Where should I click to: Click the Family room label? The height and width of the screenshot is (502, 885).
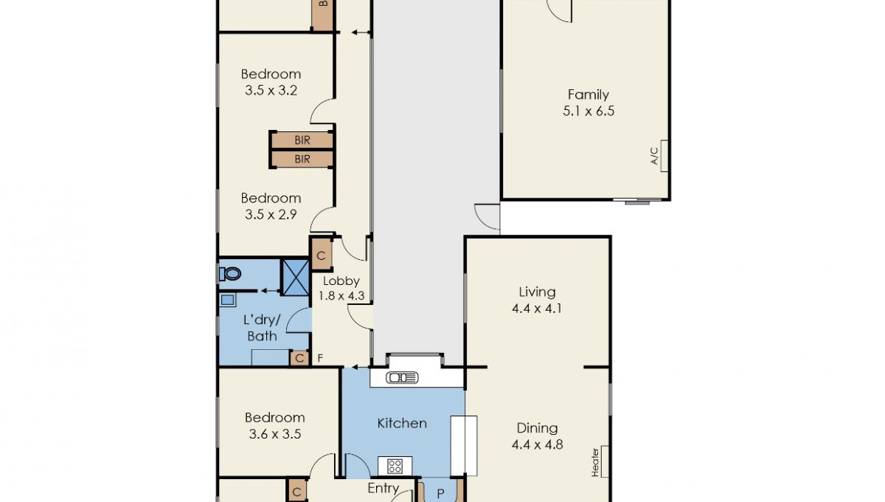[x=589, y=94]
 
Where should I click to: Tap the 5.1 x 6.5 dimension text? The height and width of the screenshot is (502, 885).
[x=589, y=111]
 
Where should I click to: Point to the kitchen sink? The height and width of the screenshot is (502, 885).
[x=402, y=378]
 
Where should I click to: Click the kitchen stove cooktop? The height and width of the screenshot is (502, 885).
[x=395, y=466]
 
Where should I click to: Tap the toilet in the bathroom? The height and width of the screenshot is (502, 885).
[x=230, y=273]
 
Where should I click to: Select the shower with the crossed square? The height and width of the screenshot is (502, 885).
[x=295, y=278]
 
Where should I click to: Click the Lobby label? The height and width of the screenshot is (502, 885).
[x=341, y=281]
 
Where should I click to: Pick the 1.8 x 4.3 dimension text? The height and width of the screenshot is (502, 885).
[x=341, y=296]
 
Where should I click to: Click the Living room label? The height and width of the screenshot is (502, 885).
[x=537, y=292]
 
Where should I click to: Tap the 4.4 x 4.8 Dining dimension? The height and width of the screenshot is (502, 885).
[x=537, y=444]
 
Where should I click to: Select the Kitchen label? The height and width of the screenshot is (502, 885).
[x=402, y=423]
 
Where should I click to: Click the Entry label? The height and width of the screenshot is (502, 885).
[x=383, y=488]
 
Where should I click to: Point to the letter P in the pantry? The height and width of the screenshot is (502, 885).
[x=440, y=494]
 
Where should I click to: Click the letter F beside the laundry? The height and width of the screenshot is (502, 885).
[x=320, y=358]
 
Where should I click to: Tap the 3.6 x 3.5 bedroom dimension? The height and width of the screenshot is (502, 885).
[x=275, y=434]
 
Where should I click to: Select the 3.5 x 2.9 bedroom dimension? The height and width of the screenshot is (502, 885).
[x=271, y=214]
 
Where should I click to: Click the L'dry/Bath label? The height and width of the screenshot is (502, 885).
[x=262, y=328]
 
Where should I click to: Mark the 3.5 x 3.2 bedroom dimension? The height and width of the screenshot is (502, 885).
[x=271, y=91]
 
